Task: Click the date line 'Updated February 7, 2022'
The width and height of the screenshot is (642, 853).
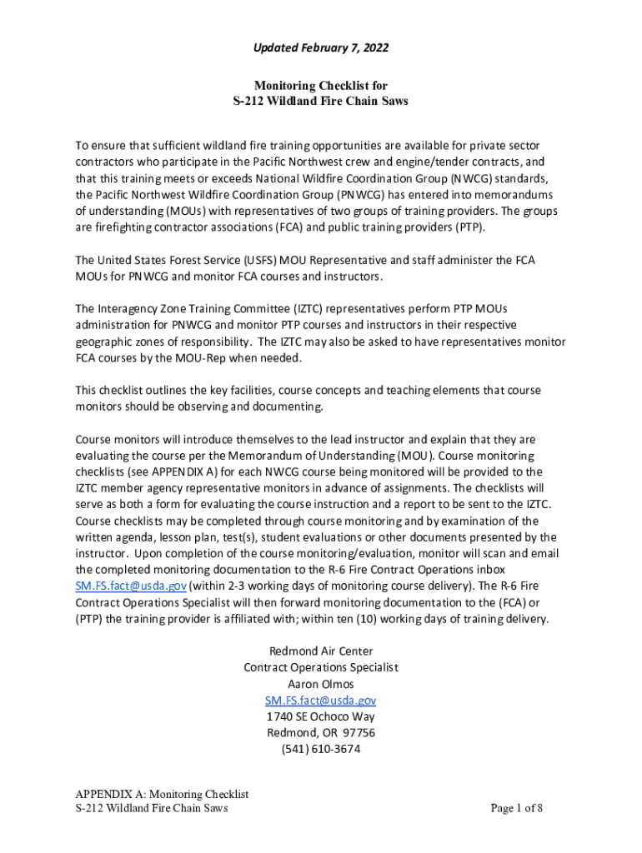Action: (321, 48)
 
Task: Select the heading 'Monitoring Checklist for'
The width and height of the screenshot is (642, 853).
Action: (321, 86)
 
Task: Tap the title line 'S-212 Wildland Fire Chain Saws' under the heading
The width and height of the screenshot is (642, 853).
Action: (321, 102)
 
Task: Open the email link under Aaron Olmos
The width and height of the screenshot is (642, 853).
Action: (321, 701)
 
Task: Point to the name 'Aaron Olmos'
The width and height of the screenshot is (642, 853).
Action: (321, 684)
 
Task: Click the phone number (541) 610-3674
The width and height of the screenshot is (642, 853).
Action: (321, 749)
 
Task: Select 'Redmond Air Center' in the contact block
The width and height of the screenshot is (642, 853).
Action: (321, 651)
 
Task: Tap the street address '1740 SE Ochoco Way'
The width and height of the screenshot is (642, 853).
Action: (321, 716)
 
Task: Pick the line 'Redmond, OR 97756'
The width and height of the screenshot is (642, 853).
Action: (321, 733)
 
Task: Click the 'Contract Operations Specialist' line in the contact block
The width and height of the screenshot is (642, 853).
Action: (321, 667)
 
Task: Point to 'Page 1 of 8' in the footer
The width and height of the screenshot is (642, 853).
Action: (517, 808)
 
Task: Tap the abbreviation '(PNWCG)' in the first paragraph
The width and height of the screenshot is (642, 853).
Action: (346, 194)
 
